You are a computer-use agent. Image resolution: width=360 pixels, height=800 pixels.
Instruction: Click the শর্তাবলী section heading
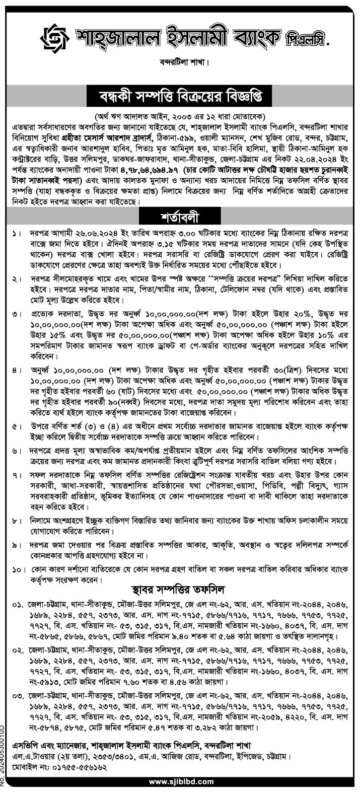[x=180, y=217]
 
